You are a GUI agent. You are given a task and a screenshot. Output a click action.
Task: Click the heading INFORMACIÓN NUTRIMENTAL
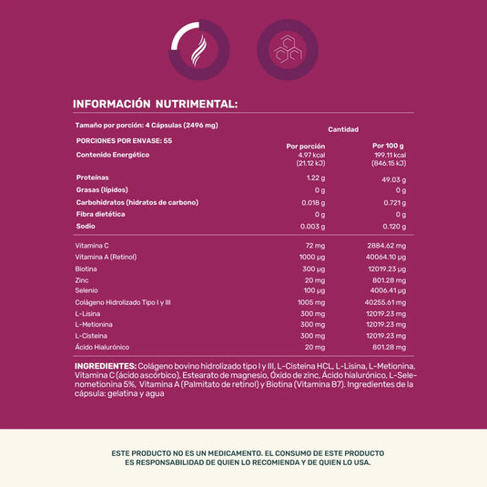tap(155, 104)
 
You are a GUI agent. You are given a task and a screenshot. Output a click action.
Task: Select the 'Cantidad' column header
tap(343, 129)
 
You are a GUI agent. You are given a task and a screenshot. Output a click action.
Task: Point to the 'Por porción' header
tap(306, 146)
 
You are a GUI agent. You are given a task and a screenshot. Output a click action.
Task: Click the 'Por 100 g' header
tap(388, 146)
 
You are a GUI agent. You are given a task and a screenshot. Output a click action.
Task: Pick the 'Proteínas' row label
tap(93, 178)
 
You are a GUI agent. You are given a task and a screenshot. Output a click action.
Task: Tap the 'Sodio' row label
tap(86, 225)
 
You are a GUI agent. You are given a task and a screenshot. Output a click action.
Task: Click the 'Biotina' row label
tap(86, 269)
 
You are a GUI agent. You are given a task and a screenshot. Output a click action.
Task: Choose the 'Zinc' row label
tap(83, 280)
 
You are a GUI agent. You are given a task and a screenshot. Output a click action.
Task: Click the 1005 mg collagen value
tap(311, 302)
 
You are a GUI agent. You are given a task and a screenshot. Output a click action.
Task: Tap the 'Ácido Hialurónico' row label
tap(102, 347)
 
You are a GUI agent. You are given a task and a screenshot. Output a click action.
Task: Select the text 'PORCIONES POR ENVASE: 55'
tap(124, 140)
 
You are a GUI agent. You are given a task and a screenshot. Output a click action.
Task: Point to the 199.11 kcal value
tap(388, 155)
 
